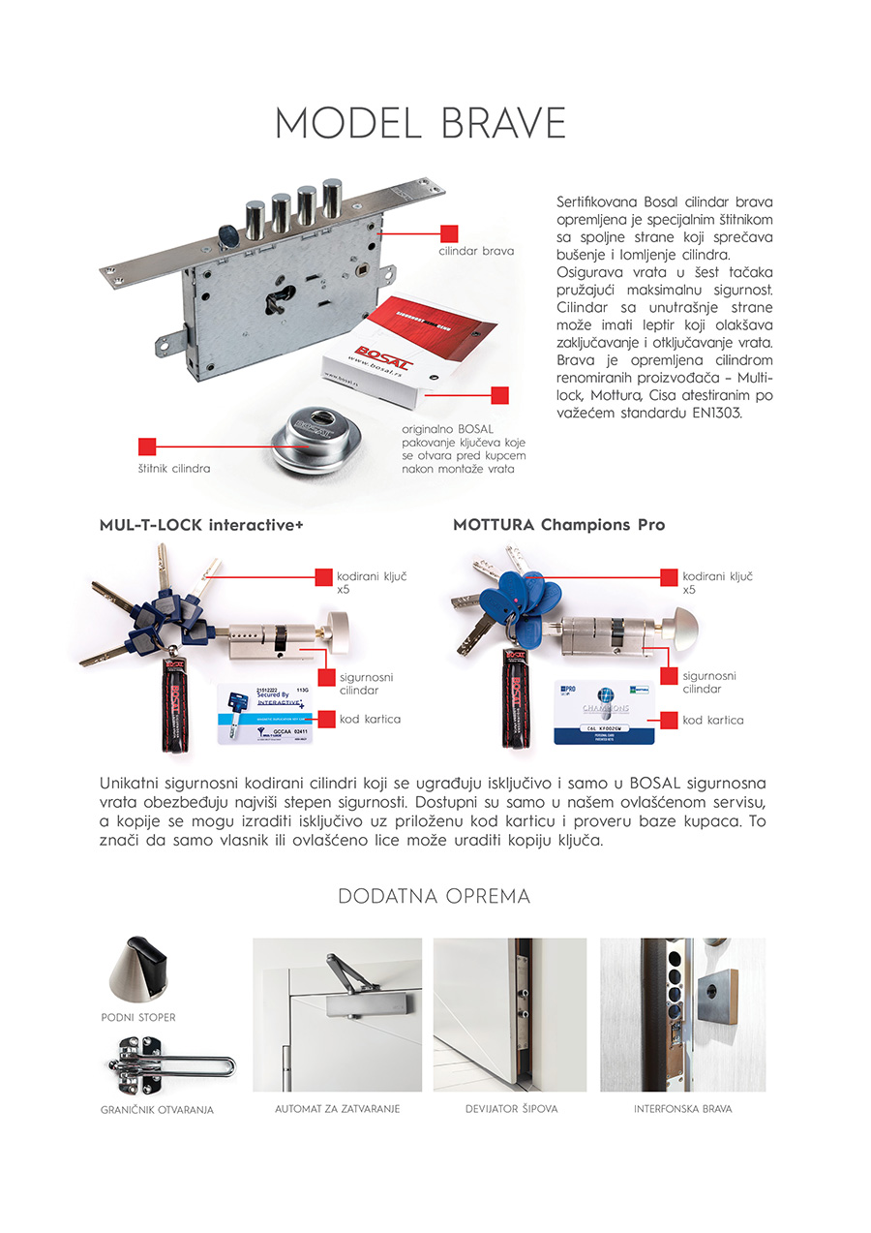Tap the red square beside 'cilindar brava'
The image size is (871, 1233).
click(448, 233)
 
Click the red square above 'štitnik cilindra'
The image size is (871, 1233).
click(147, 447)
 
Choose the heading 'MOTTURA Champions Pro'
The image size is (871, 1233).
click(558, 525)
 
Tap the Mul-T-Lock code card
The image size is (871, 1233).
click(264, 714)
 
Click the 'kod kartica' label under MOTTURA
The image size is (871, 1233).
click(713, 720)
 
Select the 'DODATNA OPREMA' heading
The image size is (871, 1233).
click(435, 897)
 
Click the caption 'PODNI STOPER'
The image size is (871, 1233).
click(138, 1018)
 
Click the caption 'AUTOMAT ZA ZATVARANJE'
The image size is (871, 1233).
click(337, 1108)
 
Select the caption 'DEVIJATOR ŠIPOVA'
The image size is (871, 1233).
click(510, 1108)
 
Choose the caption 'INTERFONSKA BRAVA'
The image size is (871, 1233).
click(682, 1108)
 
